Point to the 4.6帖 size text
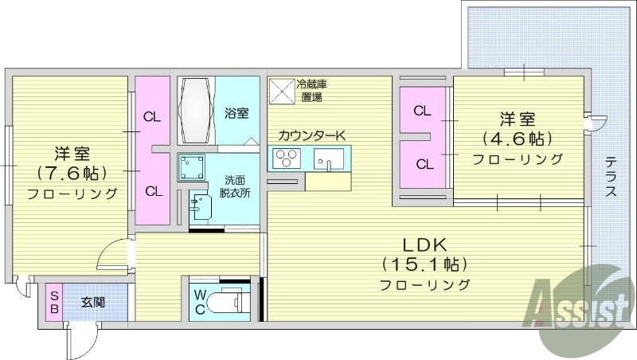(x=517, y=139)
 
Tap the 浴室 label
(x=236, y=113)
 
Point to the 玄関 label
(x=94, y=303)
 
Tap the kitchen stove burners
(x=284, y=159)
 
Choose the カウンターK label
(x=311, y=136)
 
